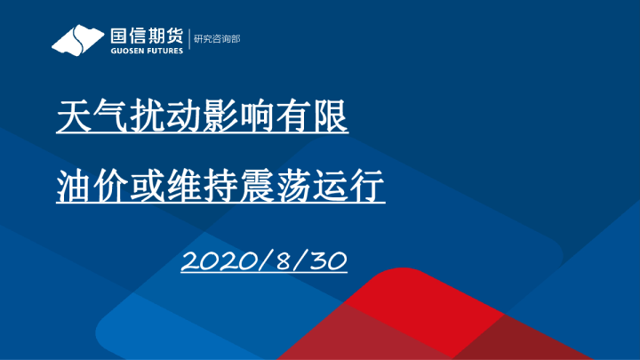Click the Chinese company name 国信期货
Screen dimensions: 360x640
coord(147,36)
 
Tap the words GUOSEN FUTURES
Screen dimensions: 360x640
coord(147,51)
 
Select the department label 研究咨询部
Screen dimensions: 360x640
coord(218,40)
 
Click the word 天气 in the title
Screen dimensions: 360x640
coord(92,116)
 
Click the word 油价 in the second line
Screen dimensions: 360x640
coord(92,188)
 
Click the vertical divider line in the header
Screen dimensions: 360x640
coord(188,40)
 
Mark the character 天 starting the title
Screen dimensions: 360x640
coord(74,116)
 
